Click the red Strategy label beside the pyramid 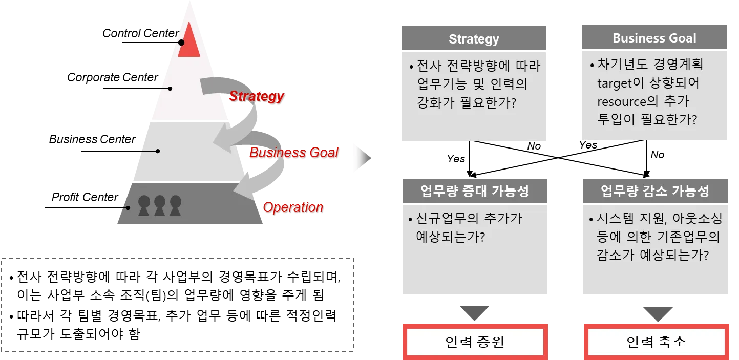pyautogui.click(x=256, y=96)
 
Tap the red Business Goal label pyautogui.click(x=293, y=153)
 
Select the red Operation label pyautogui.click(x=293, y=207)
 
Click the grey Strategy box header pyautogui.click(x=474, y=39)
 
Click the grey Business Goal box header pyautogui.click(x=654, y=38)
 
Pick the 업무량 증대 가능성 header pyautogui.click(x=474, y=192)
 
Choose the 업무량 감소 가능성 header pyautogui.click(x=654, y=192)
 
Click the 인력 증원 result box pyautogui.click(x=475, y=342)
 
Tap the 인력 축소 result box pyautogui.click(x=656, y=342)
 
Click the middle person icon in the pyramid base pyautogui.click(x=160, y=205)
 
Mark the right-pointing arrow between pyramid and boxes pyautogui.click(x=363, y=159)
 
